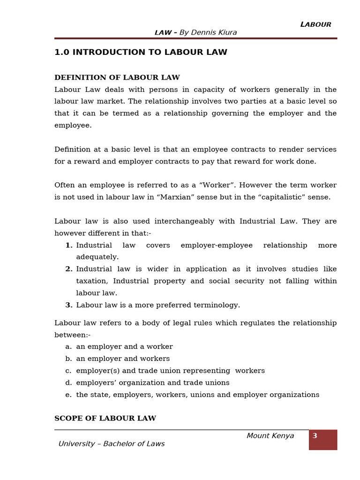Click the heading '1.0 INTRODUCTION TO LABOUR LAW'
coord(141,52)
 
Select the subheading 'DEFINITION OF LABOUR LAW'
coord(117,77)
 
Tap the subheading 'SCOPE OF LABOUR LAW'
coord(105,418)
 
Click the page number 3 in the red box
coord(315,436)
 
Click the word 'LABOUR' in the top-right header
coord(316,24)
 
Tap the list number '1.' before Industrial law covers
coord(69,245)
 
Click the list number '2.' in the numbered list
coord(69,269)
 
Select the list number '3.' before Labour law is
coord(69,305)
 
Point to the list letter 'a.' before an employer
coord(68,347)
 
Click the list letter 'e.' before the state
coord(68,395)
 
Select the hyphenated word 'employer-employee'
coord(217,245)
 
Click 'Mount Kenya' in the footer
coord(270,436)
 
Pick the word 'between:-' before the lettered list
coord(72,335)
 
